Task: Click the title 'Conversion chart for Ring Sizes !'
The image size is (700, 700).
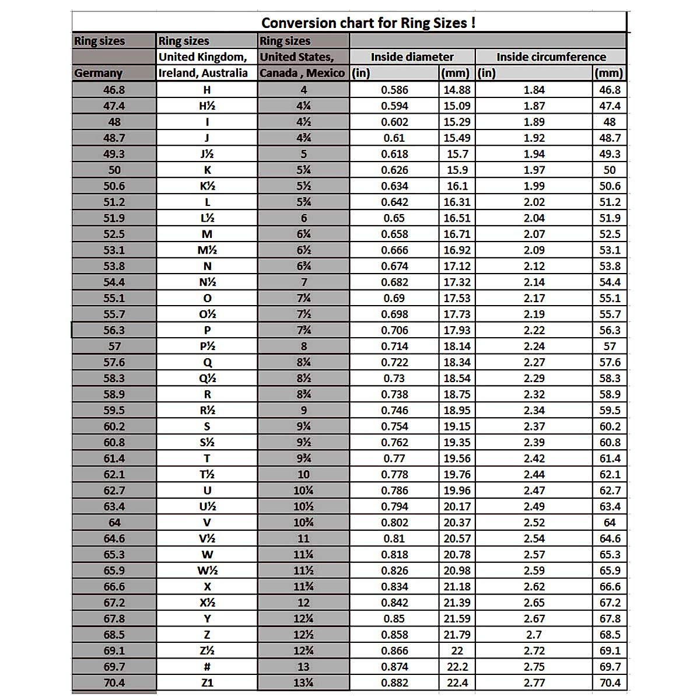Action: pyautogui.click(x=368, y=23)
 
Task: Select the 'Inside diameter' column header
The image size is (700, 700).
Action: pyautogui.click(x=412, y=57)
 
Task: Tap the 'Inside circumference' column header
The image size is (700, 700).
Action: pyautogui.click(x=551, y=57)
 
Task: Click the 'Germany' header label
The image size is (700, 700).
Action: pyautogui.click(x=98, y=73)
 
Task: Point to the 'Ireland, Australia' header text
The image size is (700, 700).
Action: pyautogui.click(x=203, y=73)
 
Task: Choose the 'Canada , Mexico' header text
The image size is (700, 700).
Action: pyautogui.click(x=302, y=73)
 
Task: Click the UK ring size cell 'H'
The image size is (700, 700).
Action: pyautogui.click(x=207, y=90)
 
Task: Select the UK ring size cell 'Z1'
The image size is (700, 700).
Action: pyautogui.click(x=207, y=682)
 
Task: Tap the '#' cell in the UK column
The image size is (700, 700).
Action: pyautogui.click(x=207, y=667)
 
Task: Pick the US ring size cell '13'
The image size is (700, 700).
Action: pyautogui.click(x=303, y=667)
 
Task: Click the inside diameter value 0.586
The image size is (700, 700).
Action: pyautogui.click(x=394, y=90)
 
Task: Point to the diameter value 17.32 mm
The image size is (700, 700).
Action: pyautogui.click(x=457, y=282)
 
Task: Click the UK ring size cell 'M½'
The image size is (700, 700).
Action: pyautogui.click(x=207, y=250)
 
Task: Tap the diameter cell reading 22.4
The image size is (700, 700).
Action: pyautogui.click(x=457, y=682)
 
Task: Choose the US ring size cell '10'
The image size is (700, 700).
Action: pyautogui.click(x=303, y=474)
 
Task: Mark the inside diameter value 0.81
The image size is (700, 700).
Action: pyautogui.click(x=394, y=538)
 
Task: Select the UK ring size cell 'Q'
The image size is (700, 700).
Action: pyautogui.click(x=207, y=362)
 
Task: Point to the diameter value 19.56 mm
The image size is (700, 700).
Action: pyautogui.click(x=457, y=459)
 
